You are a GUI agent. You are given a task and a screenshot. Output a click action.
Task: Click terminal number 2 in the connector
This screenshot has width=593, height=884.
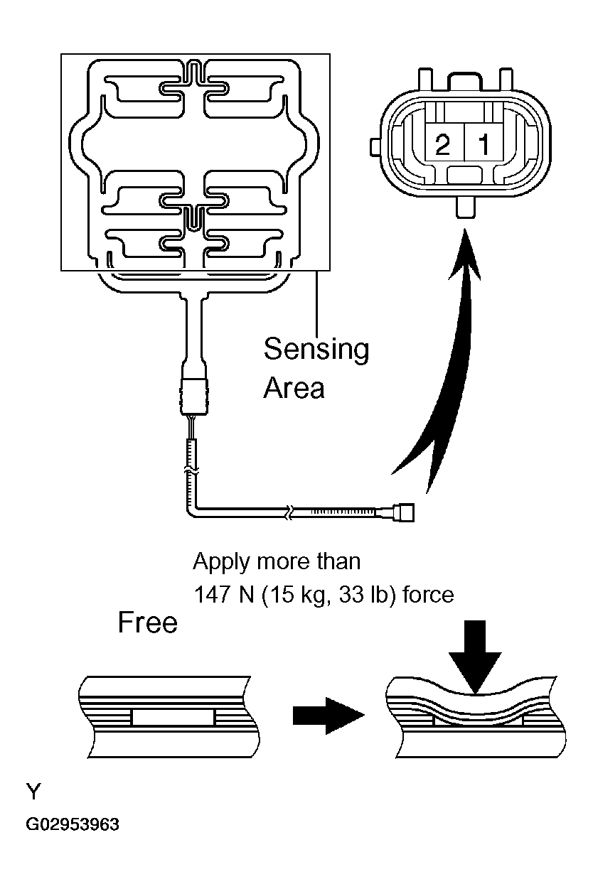[x=442, y=146]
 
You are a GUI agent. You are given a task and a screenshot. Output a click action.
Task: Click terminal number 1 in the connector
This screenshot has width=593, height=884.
[x=483, y=146]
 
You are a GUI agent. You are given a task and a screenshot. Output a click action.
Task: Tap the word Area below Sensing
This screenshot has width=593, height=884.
[x=294, y=387]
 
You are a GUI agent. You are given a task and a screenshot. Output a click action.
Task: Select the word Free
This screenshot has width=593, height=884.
[x=147, y=623]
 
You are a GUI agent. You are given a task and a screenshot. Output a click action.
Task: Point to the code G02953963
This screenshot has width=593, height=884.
[x=73, y=825]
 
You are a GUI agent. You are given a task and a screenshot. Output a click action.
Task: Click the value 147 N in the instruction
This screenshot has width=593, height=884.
[x=222, y=594]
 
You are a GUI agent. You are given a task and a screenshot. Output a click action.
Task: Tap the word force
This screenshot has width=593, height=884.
[x=428, y=594]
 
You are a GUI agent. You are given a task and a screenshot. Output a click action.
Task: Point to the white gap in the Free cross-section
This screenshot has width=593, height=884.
[x=173, y=718]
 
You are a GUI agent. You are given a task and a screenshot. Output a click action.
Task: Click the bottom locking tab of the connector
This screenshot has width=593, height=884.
[x=465, y=209]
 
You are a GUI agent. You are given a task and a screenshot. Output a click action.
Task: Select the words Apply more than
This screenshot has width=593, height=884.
[x=277, y=561]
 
